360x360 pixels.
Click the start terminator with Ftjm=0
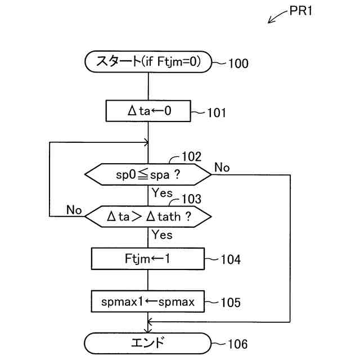148,62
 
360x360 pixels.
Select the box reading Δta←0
148,111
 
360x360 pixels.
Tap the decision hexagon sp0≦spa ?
148,174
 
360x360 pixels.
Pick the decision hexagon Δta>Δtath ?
148,217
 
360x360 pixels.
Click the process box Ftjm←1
148,259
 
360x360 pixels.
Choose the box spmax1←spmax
148,301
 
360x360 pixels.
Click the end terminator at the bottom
147,344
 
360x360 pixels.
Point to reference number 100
238,64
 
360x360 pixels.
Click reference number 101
217,112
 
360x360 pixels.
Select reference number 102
191,156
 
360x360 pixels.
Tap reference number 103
191,199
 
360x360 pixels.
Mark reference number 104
231,260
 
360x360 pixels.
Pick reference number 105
231,303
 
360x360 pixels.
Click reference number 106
238,344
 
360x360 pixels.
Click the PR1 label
301,11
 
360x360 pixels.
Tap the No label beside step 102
222,168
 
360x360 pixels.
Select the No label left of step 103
74,210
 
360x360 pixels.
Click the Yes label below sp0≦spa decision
162,192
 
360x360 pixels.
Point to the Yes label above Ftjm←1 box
162,235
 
